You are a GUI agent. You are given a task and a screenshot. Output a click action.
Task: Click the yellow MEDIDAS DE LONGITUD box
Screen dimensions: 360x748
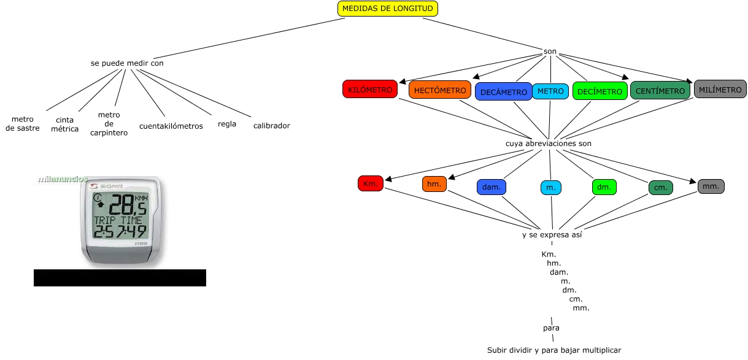(x=388, y=9)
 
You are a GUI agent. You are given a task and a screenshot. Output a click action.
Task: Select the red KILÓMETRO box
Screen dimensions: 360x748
(x=370, y=90)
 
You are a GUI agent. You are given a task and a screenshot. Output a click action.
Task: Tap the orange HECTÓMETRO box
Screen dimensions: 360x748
(x=440, y=90)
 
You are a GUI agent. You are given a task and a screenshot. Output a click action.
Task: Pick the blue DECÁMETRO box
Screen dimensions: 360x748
(x=503, y=92)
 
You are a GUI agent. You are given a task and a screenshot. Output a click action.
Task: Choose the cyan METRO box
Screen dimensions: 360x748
(x=550, y=91)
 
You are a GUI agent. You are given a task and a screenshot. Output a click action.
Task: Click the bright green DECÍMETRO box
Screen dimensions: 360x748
(x=600, y=91)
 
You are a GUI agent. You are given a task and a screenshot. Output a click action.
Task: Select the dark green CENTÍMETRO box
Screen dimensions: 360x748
(x=660, y=91)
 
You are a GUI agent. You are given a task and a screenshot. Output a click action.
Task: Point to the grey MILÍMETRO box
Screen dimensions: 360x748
(x=720, y=90)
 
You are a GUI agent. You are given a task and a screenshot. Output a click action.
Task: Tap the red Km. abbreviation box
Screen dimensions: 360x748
(x=371, y=183)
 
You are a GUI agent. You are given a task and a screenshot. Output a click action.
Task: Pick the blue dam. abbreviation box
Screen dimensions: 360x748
(x=492, y=187)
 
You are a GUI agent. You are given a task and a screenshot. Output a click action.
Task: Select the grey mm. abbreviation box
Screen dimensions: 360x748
(x=711, y=186)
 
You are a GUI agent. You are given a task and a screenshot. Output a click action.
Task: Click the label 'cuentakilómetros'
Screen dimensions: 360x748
(x=171, y=126)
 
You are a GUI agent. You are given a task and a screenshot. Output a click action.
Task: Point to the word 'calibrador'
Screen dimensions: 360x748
(x=271, y=126)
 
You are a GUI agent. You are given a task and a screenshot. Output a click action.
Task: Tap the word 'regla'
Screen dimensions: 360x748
(x=227, y=124)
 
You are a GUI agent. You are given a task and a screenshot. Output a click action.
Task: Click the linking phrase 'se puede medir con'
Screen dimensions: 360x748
(x=126, y=63)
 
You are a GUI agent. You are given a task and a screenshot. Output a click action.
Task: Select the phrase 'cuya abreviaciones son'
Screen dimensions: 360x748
(x=548, y=143)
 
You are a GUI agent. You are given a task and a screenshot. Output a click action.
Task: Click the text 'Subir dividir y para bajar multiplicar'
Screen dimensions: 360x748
(x=554, y=350)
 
